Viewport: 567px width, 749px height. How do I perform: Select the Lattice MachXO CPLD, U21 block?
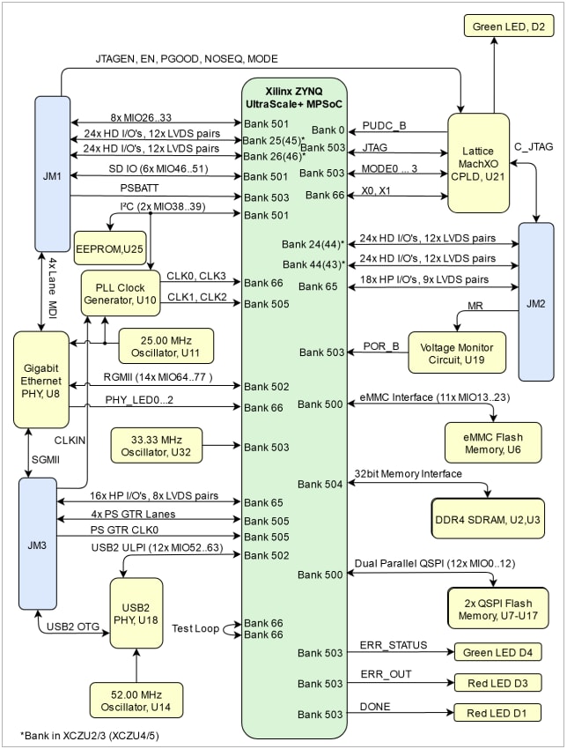(x=479, y=163)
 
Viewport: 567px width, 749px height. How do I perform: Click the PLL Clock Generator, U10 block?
(x=121, y=294)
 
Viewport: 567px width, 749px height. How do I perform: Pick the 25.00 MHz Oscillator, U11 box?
(x=154, y=345)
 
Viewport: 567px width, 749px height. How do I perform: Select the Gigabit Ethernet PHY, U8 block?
(x=41, y=378)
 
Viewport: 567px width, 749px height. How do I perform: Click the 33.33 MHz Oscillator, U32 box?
(x=157, y=447)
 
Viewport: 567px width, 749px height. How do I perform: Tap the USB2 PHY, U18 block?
(x=136, y=612)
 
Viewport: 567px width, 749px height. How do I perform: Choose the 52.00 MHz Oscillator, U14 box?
(x=136, y=700)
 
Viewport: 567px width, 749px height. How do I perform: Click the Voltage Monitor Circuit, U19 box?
(x=457, y=352)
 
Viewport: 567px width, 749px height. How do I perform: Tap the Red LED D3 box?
(x=497, y=683)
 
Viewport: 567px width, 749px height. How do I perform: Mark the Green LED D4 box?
(x=497, y=653)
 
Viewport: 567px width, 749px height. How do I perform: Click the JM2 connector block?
(x=535, y=302)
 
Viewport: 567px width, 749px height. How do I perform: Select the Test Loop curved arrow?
(x=233, y=627)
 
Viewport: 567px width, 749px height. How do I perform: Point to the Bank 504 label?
(x=320, y=484)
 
